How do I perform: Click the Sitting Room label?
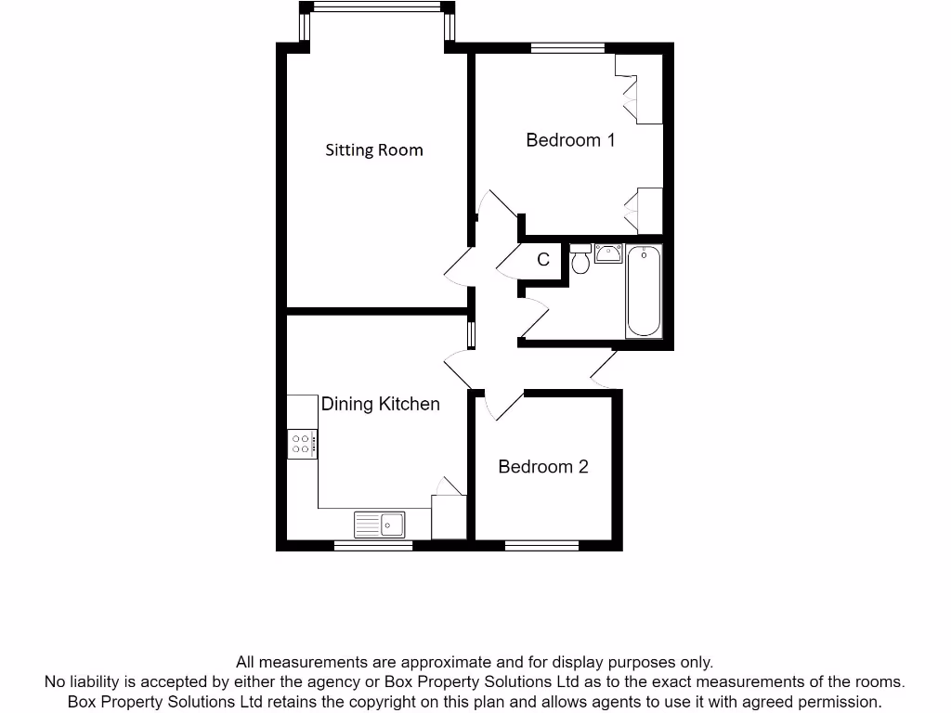pyautogui.click(x=373, y=149)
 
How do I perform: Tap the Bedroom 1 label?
pyautogui.click(x=570, y=140)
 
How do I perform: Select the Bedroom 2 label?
pyautogui.click(x=543, y=466)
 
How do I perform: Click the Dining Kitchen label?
pyautogui.click(x=380, y=404)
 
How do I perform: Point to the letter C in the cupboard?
pyautogui.click(x=544, y=260)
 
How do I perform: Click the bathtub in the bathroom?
pyautogui.click(x=644, y=291)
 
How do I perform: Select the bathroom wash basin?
pyautogui.click(x=608, y=253)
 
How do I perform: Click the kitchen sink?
pyautogui.click(x=380, y=525)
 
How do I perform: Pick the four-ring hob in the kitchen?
pyautogui.click(x=303, y=444)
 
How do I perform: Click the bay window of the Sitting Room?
pyautogui.click(x=376, y=7)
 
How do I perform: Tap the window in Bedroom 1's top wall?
pyautogui.click(x=567, y=47)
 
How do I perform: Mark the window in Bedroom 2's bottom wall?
pyautogui.click(x=541, y=546)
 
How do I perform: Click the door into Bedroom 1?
pyautogui.click(x=493, y=209)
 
